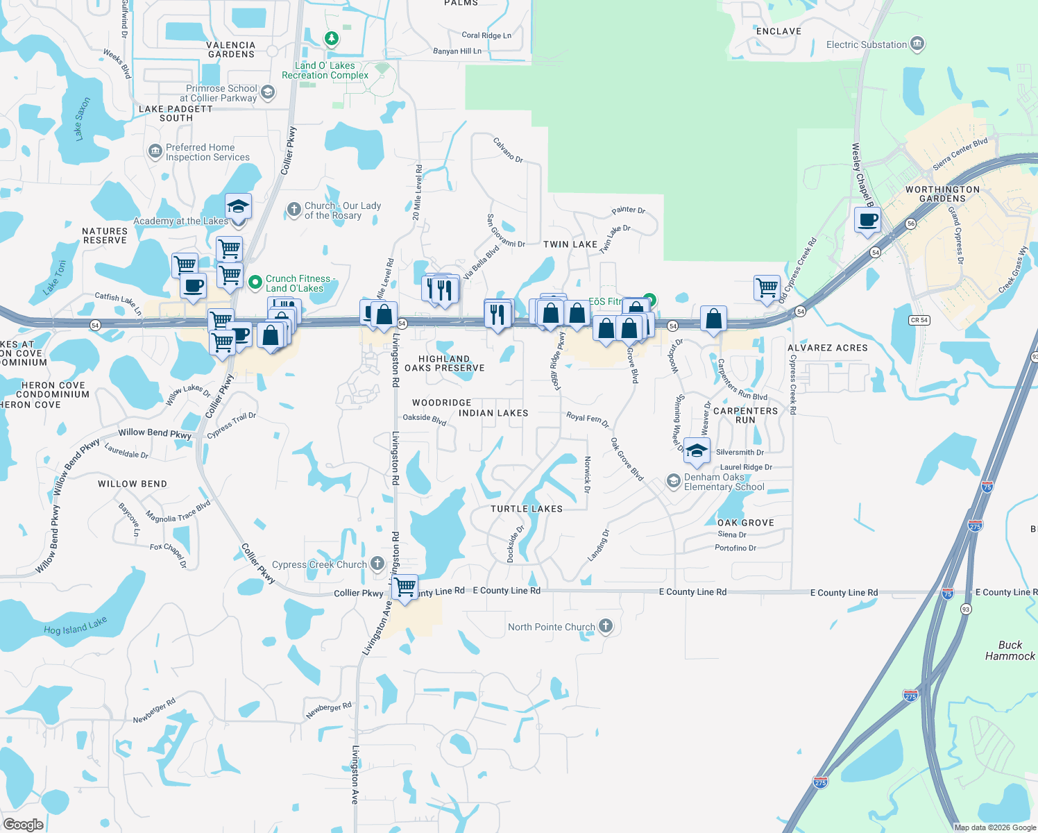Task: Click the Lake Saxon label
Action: click(83, 119)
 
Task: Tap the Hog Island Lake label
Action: click(75, 626)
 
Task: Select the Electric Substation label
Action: click(867, 44)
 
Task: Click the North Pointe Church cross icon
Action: click(606, 626)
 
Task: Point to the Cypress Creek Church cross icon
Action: click(377, 563)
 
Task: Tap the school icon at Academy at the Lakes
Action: click(238, 207)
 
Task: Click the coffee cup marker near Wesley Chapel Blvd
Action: click(867, 220)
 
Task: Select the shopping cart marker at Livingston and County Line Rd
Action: click(405, 587)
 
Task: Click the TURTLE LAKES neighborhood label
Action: click(527, 509)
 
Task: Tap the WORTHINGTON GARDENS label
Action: click(942, 194)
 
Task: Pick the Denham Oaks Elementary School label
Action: click(724, 482)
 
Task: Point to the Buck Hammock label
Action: click(1010, 650)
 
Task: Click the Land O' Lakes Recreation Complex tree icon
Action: click(332, 38)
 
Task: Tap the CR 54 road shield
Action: click(919, 320)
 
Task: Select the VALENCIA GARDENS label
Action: click(231, 49)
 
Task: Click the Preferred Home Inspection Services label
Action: click(207, 152)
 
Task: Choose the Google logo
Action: click(23, 825)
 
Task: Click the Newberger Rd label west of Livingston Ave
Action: click(154, 711)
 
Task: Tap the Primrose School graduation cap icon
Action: click(268, 92)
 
